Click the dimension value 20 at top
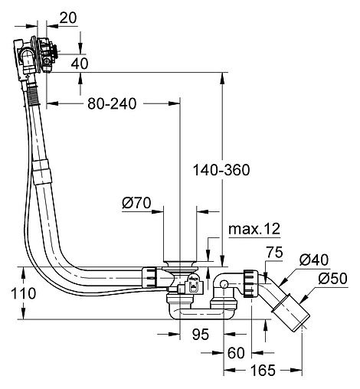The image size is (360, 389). tap(68, 18)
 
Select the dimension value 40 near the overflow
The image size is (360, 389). tap(80, 64)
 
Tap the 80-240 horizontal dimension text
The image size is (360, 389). tap(112, 104)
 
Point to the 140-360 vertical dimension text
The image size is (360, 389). tap(221, 170)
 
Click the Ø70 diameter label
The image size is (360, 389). tap(136, 203)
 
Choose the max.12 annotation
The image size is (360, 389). tap(254, 229)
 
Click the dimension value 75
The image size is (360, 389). tap(275, 252)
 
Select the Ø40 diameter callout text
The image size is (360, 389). tap(314, 260)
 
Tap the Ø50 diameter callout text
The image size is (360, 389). tap(332, 279)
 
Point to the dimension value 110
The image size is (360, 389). tap(24, 293)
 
